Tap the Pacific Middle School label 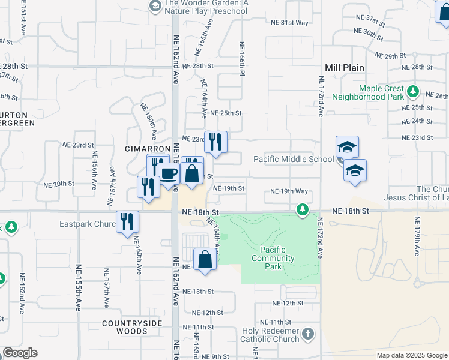(293, 159)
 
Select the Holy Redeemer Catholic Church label (270, 335)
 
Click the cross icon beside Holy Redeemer (307, 334)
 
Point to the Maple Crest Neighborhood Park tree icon (412, 92)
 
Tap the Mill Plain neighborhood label (345, 68)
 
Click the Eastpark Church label (88, 224)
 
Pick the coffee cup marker (169, 173)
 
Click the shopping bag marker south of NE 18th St (205, 259)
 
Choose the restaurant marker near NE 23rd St (215, 142)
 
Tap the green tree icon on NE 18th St (303, 209)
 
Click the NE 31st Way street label (289, 23)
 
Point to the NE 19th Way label (289, 191)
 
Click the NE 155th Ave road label (78, 287)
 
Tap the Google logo (20, 353)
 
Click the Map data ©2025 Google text (411, 355)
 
